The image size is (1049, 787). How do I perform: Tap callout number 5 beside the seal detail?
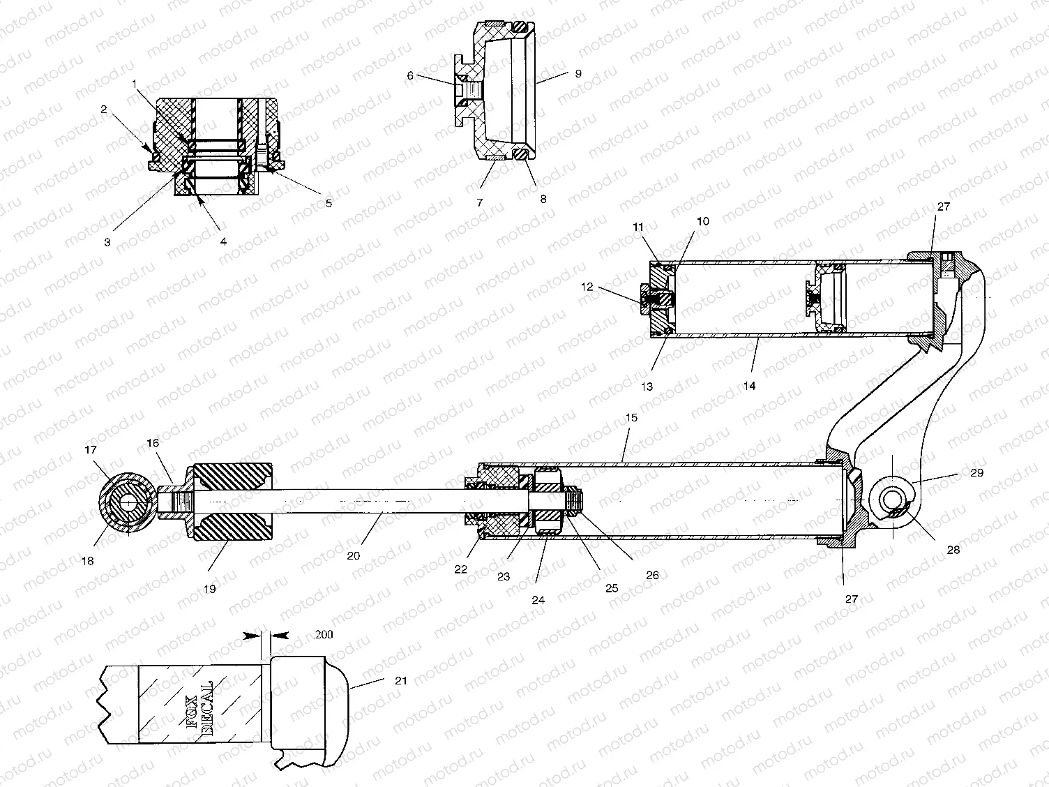tap(329, 204)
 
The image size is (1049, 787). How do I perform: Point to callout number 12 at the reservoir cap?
tap(587, 287)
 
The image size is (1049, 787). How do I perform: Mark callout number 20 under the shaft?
tap(354, 555)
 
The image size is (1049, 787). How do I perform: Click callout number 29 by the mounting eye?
tap(976, 472)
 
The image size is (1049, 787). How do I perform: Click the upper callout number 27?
tap(943, 207)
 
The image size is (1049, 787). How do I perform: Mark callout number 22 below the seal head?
tap(460, 569)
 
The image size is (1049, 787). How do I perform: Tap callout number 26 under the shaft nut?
tap(652, 576)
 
